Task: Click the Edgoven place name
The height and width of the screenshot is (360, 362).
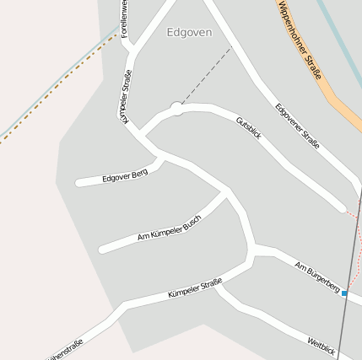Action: (x=189, y=33)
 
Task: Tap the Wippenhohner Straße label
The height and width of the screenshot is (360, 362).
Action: (x=300, y=40)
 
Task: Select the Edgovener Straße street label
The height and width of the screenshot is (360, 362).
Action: (x=298, y=126)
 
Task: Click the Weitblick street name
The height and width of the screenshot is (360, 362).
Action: (x=321, y=345)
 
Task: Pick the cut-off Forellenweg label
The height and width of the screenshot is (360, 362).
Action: (x=125, y=19)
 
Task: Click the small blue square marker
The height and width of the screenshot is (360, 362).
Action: (x=344, y=293)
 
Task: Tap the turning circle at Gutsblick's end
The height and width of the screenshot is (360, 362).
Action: (x=176, y=108)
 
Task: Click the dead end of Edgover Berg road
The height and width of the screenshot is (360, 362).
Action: (x=78, y=182)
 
